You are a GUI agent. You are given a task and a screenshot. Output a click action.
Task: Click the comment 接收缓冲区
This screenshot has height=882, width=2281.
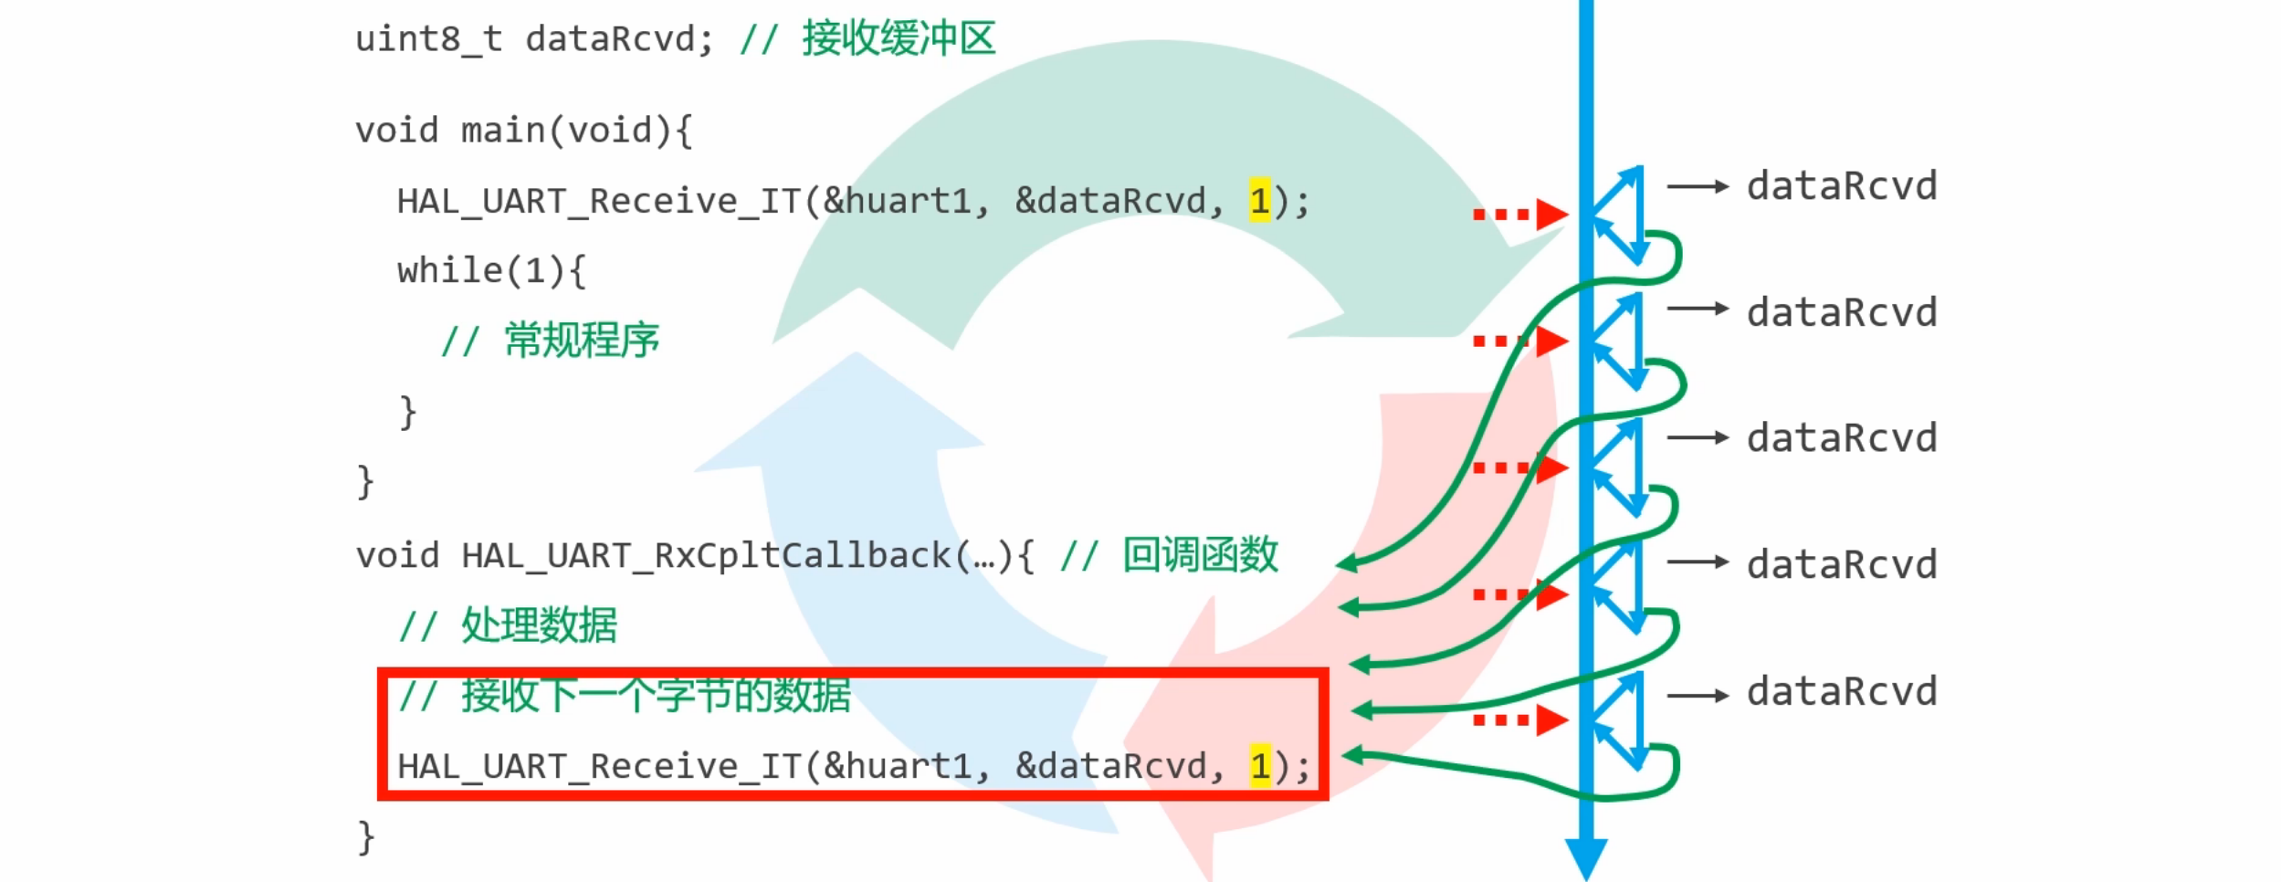pyautogui.click(x=898, y=39)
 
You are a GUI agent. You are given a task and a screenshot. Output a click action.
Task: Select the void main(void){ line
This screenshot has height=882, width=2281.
pyautogui.click(x=523, y=131)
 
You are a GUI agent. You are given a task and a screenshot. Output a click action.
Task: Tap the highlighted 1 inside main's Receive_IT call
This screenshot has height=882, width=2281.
pyautogui.click(x=1259, y=201)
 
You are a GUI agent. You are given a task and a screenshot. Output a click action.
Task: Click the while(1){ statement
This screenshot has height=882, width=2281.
pyautogui.click(x=490, y=271)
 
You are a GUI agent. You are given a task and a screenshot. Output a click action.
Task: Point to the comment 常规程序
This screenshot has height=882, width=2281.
pyautogui.click(x=581, y=341)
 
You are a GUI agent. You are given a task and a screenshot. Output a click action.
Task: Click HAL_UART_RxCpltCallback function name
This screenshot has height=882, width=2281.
pyautogui.click(x=706, y=555)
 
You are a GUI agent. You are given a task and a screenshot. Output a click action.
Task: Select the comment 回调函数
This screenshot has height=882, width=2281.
pyautogui.click(x=1199, y=555)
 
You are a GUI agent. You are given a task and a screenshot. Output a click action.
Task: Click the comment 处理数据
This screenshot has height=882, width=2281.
pyautogui.click(x=539, y=625)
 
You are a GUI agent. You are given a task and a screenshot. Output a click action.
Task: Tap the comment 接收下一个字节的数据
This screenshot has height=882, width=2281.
pyautogui.click(x=655, y=696)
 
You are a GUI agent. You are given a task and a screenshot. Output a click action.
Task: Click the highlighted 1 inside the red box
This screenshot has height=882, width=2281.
pyautogui.click(x=1260, y=766)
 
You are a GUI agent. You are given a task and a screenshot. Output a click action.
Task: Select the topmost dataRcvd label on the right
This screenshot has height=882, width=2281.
pyautogui.click(x=1841, y=186)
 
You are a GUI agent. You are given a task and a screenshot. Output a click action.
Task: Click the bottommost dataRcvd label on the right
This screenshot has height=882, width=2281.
pyautogui.click(x=1841, y=692)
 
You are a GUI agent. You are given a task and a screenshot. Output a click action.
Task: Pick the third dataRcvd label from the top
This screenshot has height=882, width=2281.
pyautogui.click(x=1841, y=438)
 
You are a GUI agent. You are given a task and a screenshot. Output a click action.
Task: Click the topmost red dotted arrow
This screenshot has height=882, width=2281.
pyautogui.click(x=1519, y=215)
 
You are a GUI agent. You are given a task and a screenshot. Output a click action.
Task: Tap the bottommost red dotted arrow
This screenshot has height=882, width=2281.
pyautogui.click(x=1519, y=720)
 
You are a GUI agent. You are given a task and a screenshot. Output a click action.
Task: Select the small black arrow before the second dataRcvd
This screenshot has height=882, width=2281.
pyautogui.click(x=1698, y=309)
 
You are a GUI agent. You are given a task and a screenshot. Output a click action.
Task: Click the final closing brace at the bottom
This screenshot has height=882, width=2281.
pyautogui.click(x=365, y=837)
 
